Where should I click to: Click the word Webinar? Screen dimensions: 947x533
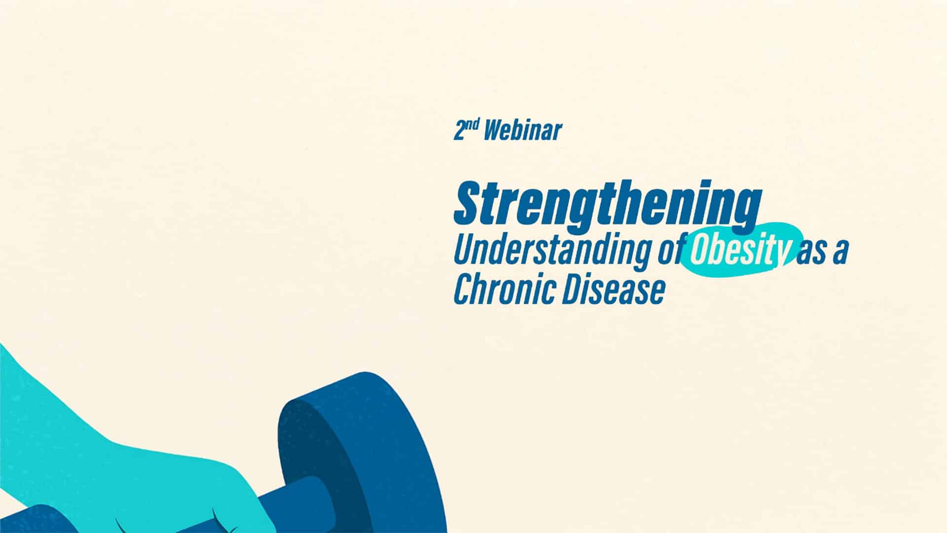pyautogui.click(x=523, y=131)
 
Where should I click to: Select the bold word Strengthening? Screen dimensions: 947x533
pyautogui.click(x=607, y=204)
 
